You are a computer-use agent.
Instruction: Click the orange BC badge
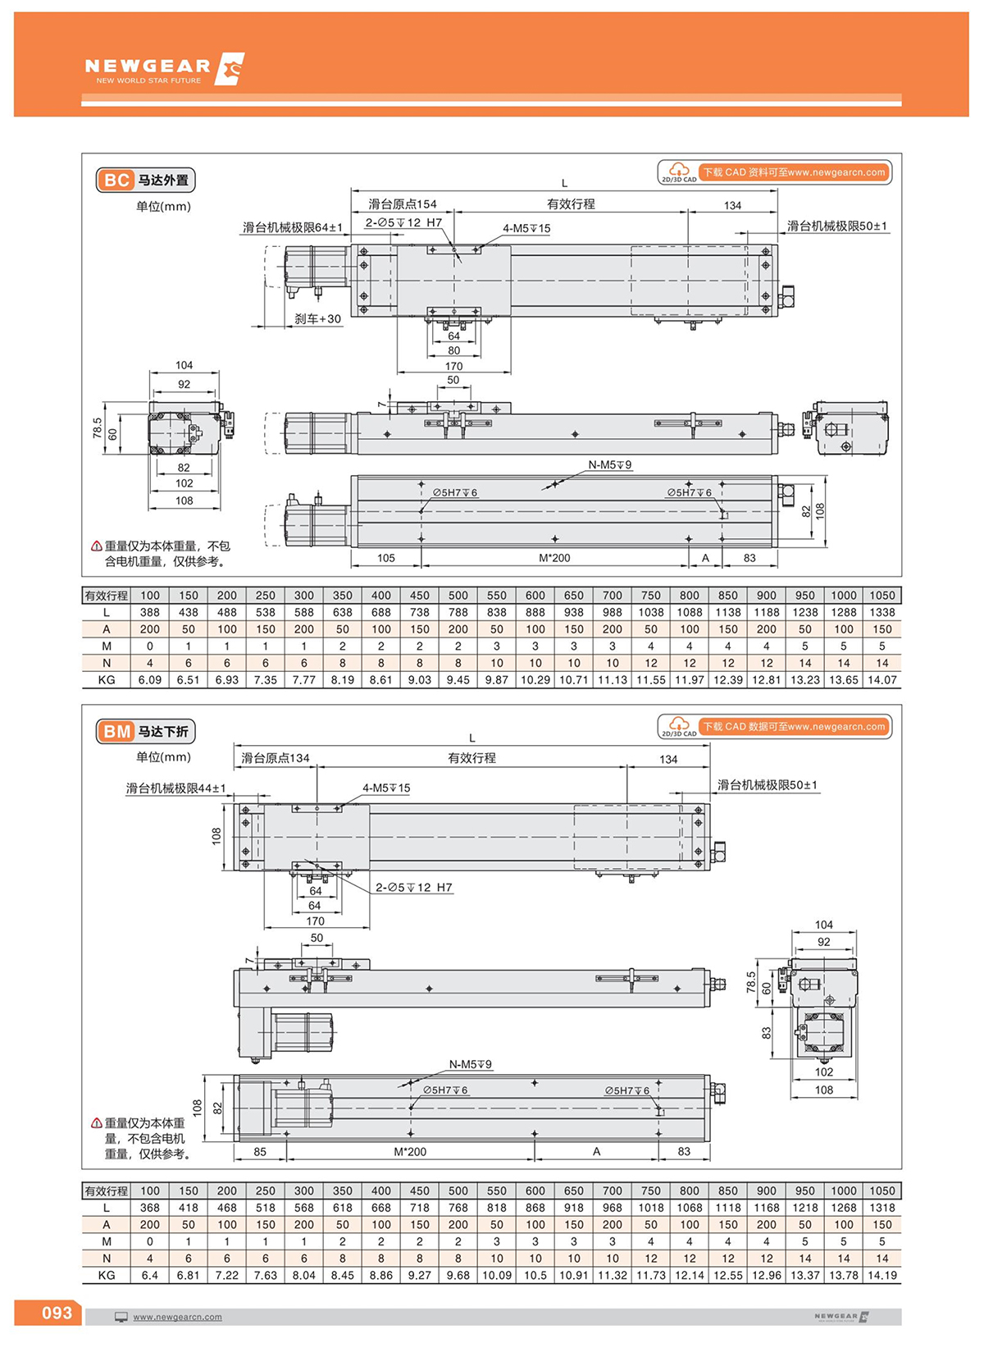(116, 181)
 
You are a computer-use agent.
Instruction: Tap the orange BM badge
(116, 732)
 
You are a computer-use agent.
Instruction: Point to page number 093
(57, 1313)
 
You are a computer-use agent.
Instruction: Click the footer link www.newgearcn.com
(177, 1317)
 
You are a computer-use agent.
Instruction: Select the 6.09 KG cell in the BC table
(149, 680)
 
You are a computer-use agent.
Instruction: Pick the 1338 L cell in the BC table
(882, 612)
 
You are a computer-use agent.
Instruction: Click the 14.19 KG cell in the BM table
(882, 1276)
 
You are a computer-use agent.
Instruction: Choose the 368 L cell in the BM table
(149, 1208)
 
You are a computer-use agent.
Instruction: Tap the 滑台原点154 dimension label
(402, 204)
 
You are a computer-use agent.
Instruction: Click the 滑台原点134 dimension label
(276, 758)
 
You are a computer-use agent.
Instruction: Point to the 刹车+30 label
(317, 319)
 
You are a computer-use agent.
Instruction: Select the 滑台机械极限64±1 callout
(293, 227)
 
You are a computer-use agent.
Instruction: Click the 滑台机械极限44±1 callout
(175, 788)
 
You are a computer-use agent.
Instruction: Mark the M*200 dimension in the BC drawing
(554, 558)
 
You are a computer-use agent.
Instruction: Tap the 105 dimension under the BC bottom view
(386, 558)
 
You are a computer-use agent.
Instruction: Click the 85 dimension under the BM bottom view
(260, 1152)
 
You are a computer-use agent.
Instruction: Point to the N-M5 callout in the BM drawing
(470, 1064)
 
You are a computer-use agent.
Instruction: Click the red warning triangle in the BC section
(97, 546)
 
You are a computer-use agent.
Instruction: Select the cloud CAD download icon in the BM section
(678, 724)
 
